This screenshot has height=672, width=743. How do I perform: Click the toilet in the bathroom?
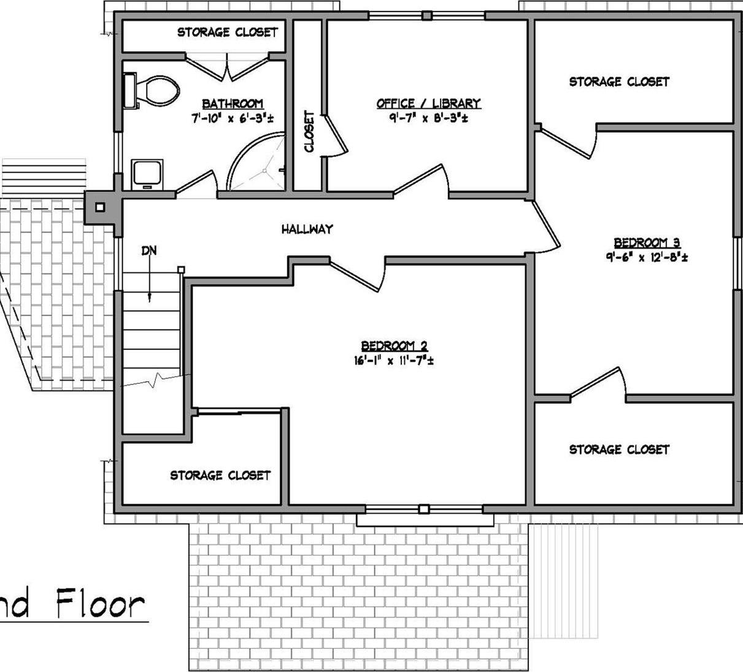click(153, 91)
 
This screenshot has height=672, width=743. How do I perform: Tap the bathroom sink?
click(147, 174)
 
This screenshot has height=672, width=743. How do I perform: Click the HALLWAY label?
click(307, 229)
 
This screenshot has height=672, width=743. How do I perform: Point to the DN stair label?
click(148, 250)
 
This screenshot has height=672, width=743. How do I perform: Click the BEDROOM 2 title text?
click(394, 347)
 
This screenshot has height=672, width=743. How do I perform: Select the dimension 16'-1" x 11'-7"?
click(393, 361)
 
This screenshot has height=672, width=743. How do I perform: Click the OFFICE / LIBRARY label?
click(428, 104)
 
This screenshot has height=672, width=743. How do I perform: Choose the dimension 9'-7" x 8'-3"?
click(428, 118)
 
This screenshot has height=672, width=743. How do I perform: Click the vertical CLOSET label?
click(309, 131)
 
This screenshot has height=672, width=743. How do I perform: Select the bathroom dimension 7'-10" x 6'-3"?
click(232, 118)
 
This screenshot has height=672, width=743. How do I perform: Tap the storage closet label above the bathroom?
click(228, 32)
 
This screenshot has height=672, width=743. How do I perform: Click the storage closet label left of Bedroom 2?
click(220, 475)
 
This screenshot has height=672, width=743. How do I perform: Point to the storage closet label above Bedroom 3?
click(619, 82)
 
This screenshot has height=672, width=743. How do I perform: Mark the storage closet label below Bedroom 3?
click(619, 450)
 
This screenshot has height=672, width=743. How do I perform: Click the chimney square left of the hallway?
click(100, 207)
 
